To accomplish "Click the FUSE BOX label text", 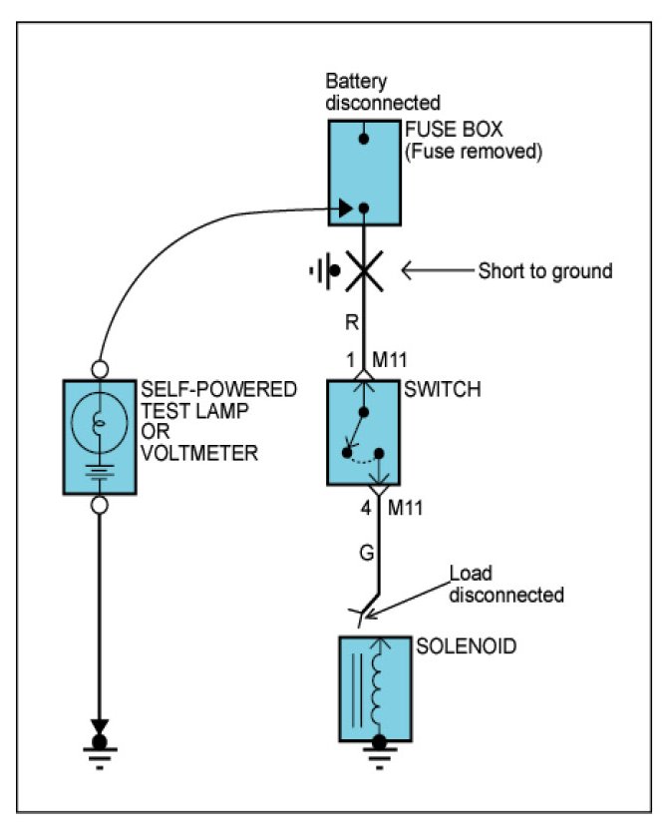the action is pyautogui.click(x=454, y=130).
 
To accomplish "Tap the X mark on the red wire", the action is pyautogui.click(x=364, y=271).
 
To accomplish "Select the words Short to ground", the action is pyautogui.click(x=545, y=270).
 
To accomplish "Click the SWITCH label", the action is pyautogui.click(x=442, y=390).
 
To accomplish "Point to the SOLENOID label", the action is pyautogui.click(x=466, y=646).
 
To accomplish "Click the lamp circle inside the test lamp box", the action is pyautogui.click(x=100, y=421).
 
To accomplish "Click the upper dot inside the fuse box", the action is pyautogui.click(x=364, y=139).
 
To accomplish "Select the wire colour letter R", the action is pyautogui.click(x=352, y=321).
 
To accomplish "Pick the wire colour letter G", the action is pyautogui.click(x=367, y=553).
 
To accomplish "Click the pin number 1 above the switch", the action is pyautogui.click(x=350, y=360).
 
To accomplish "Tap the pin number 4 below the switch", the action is pyautogui.click(x=366, y=508).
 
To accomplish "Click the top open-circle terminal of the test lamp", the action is pyautogui.click(x=100, y=369).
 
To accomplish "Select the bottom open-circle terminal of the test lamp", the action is pyautogui.click(x=100, y=505).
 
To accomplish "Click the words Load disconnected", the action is pyautogui.click(x=506, y=585).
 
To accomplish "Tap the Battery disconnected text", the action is pyautogui.click(x=383, y=92).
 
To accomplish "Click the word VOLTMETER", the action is pyautogui.click(x=199, y=453).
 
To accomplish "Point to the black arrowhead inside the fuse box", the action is pyautogui.click(x=346, y=207).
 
